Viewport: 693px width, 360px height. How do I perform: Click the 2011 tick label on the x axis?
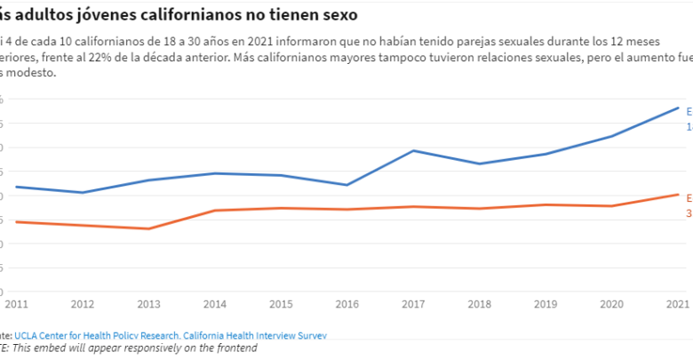click(15, 303)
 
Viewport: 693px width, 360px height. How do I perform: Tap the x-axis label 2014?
click(214, 303)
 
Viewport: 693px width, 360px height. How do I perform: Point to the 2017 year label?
click(413, 303)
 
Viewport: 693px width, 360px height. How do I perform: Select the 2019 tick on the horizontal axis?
click(546, 303)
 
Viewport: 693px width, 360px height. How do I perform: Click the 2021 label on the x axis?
click(678, 303)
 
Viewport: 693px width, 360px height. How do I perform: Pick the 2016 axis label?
click(347, 303)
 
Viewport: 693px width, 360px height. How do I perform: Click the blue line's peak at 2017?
click(413, 150)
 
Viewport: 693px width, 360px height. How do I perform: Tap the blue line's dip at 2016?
click(347, 185)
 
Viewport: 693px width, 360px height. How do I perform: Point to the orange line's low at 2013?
click(148, 228)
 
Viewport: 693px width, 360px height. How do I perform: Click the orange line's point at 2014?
click(214, 211)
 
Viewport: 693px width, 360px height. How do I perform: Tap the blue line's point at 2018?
click(480, 164)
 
